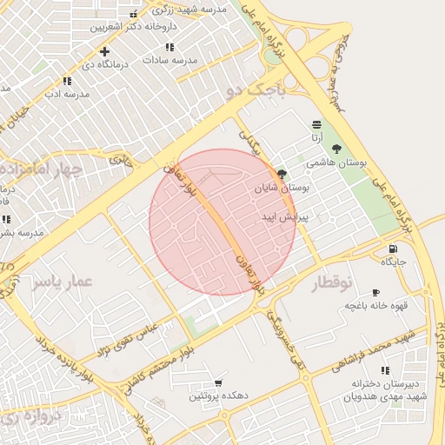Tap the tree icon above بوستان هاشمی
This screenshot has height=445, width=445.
click(336, 148)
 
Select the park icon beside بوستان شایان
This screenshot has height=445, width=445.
click(282, 174)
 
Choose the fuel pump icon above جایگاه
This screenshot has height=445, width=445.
click(394, 249)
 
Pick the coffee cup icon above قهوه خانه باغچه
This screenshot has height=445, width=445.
click(375, 292)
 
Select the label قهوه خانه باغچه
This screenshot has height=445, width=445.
click(371, 305)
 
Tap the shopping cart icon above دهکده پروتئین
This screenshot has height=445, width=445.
click(217, 382)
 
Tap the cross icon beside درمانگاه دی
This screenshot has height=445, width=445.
click(104, 51)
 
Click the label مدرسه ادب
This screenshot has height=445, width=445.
click(68, 93)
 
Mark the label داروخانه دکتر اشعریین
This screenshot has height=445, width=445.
click(133, 27)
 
